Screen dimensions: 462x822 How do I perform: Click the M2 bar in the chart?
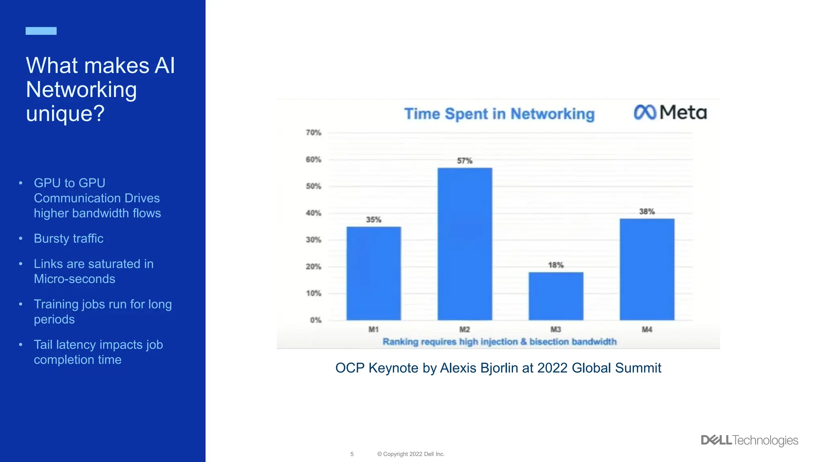click(x=465, y=244)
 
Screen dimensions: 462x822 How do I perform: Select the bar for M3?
click(x=556, y=296)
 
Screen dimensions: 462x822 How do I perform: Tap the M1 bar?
click(x=374, y=273)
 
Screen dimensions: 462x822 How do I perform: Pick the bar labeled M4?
click(x=647, y=269)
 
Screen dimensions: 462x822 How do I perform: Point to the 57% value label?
click(x=465, y=161)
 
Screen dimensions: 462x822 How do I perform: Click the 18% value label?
click(x=556, y=265)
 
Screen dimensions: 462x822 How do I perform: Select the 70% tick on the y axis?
click(x=313, y=133)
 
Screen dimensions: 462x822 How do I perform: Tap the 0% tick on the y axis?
click(x=315, y=320)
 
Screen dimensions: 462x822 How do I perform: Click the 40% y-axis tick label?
click(x=313, y=213)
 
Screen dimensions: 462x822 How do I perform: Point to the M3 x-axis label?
click(x=556, y=329)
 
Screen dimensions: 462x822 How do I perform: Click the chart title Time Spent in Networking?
click(x=499, y=114)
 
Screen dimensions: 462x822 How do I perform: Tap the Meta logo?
click(x=670, y=112)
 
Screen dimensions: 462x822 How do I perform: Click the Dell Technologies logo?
click(x=749, y=440)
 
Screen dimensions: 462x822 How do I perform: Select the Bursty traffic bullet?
click(x=69, y=239)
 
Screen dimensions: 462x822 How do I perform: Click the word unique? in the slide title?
click(x=65, y=113)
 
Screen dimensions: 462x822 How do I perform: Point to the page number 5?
click(x=352, y=454)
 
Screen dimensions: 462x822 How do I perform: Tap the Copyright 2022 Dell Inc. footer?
click(x=411, y=454)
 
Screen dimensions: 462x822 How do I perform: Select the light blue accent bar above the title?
click(x=41, y=31)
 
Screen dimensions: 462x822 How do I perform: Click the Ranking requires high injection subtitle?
click(x=499, y=342)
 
